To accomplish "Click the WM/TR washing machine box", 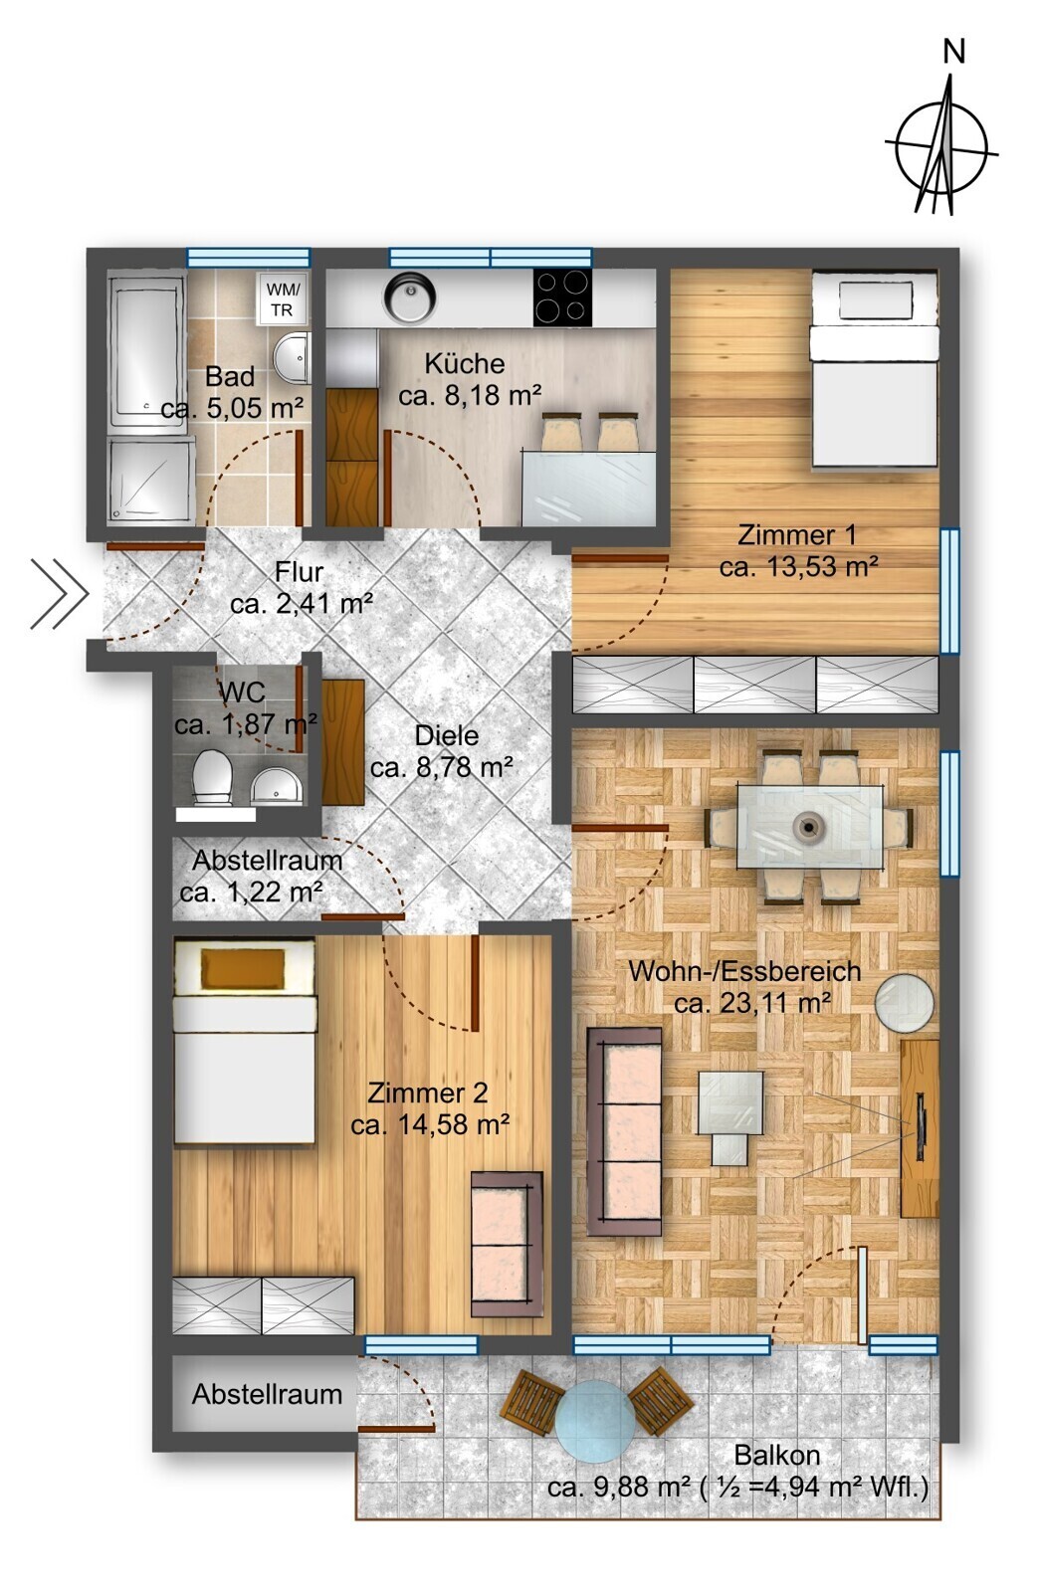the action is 283,299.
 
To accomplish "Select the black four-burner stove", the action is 561,298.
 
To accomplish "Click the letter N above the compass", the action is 953,52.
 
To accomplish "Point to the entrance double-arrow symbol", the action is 59,593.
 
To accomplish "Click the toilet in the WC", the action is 213,777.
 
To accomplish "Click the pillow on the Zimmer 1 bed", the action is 875,300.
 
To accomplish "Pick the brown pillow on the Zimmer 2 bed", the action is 244,969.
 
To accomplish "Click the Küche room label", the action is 464,364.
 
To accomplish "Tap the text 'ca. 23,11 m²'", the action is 752,1004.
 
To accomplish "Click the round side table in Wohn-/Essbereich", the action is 904,1003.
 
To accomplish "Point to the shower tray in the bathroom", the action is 151,481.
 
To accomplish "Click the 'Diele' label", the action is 447,735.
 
